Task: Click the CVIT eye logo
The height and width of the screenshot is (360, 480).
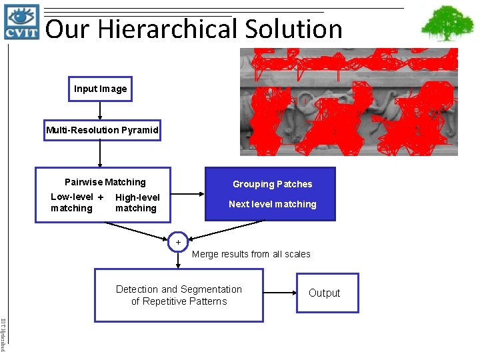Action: [22, 22]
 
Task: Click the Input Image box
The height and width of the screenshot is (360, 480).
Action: [100, 89]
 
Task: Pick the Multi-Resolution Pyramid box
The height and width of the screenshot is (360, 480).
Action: [102, 130]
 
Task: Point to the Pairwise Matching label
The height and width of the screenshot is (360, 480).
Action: [105, 182]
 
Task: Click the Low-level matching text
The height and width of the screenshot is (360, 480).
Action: [72, 203]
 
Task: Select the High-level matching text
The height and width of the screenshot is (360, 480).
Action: [137, 203]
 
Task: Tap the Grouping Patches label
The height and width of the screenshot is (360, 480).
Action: [272, 184]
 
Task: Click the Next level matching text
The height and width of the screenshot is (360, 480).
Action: [272, 204]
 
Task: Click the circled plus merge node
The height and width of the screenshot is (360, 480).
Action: [178, 242]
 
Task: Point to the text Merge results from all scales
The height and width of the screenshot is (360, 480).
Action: [251, 254]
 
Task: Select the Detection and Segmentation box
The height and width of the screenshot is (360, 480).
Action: [179, 295]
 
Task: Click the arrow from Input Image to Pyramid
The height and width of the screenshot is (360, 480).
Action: [100, 111]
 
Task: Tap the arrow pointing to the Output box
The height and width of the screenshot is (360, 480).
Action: [279, 293]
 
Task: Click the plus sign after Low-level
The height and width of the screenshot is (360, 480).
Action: [100, 197]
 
